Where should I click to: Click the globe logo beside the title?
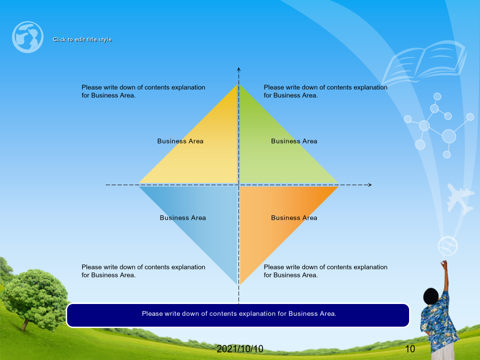[x=28, y=37]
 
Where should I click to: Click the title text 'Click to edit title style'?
[x=82, y=39]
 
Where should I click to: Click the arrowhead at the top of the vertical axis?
[x=239, y=69]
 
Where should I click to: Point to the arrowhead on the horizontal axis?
[x=370, y=185]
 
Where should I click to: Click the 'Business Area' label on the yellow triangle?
[x=180, y=141]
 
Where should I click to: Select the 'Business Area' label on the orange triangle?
[x=294, y=218]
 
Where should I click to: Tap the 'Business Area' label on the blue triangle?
[x=183, y=218]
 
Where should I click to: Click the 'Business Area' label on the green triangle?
[x=294, y=141]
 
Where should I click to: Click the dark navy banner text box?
[x=238, y=315]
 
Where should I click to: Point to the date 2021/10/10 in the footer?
[x=240, y=349]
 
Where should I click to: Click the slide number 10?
[x=410, y=349]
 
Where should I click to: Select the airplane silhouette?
[x=459, y=198]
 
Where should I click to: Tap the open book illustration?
[x=424, y=63]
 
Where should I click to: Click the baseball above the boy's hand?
[x=447, y=246]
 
